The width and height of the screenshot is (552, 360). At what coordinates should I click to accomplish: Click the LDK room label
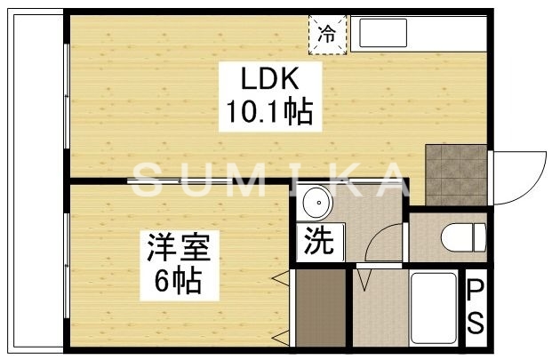click(x=266, y=80)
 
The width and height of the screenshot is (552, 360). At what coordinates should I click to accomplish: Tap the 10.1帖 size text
click(x=266, y=113)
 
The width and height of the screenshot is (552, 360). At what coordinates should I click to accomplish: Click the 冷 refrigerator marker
click(x=327, y=36)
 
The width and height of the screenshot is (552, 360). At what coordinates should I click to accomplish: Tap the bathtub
click(x=435, y=308)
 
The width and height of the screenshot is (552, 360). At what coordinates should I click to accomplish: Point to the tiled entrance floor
click(x=455, y=173)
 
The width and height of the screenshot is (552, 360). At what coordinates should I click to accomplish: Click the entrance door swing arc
click(x=523, y=178)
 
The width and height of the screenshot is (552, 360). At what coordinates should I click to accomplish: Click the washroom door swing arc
click(x=384, y=244)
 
